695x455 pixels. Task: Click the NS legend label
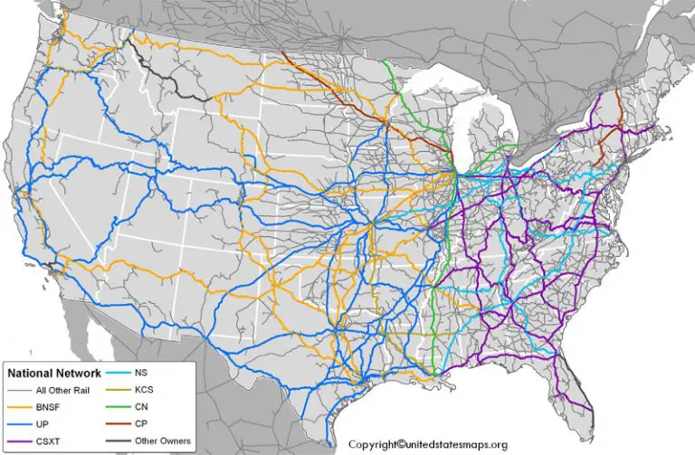coord(142,372)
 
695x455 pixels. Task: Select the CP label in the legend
coord(142,424)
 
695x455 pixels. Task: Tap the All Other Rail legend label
coord(64,390)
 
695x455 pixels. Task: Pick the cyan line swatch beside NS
coord(115,372)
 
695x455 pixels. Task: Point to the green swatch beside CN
coord(115,407)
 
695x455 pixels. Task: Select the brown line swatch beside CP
coord(115,424)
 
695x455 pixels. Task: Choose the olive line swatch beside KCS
coord(115,389)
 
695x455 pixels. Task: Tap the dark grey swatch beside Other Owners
coord(115,441)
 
